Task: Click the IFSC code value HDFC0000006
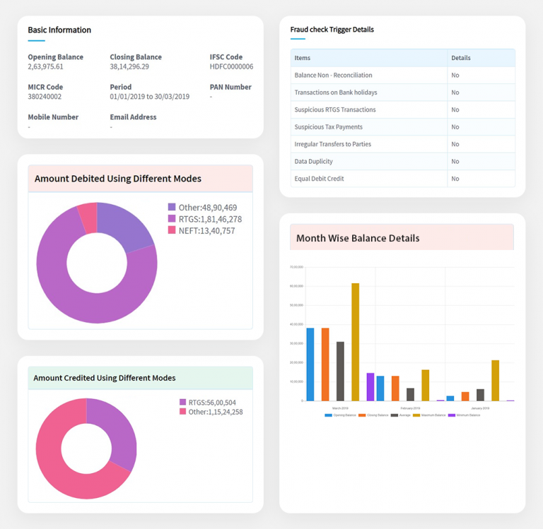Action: [x=231, y=67]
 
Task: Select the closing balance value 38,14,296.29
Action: [x=134, y=67]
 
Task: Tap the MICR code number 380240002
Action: [x=45, y=97]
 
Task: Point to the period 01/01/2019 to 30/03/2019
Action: [x=149, y=97]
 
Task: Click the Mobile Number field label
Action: [x=53, y=117]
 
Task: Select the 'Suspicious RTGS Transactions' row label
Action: [x=334, y=110]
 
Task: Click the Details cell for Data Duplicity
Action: [x=455, y=162]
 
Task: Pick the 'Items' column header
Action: [x=302, y=58]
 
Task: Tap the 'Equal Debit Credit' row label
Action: [x=319, y=179]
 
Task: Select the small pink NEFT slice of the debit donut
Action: [x=87, y=217]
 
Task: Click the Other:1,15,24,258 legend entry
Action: [x=211, y=412]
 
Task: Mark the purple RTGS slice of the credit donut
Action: [x=117, y=431]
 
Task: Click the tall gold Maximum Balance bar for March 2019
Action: [x=355, y=342]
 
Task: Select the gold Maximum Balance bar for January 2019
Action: [x=495, y=380]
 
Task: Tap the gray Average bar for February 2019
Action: [x=410, y=394]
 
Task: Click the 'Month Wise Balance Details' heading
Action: [x=358, y=238]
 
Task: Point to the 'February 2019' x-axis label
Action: [x=410, y=408]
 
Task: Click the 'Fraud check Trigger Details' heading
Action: [x=332, y=30]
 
